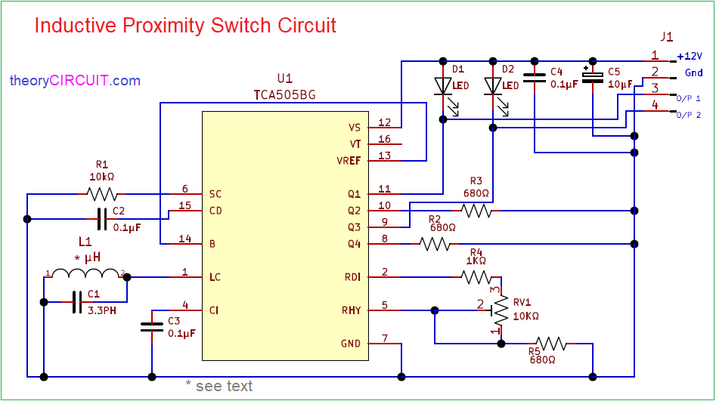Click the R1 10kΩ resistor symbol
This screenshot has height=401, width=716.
click(102, 194)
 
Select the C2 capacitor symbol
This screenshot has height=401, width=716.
click(102, 220)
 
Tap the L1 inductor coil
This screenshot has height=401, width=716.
click(85, 273)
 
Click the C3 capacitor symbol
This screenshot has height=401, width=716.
click(152, 327)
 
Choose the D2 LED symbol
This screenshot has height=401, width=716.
click(492, 85)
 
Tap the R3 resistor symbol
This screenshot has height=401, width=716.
click(477, 211)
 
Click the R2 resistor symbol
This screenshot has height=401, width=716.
click(435, 244)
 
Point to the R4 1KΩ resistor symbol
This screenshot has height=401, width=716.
click(476, 277)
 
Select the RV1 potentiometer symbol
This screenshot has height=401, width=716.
click(500, 305)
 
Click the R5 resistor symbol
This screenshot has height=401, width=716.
click(551, 344)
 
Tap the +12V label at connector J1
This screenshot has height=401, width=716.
click(690, 56)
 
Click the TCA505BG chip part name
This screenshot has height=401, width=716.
click(284, 95)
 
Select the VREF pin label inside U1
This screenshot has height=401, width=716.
click(349, 161)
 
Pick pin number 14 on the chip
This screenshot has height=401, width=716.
click(185, 239)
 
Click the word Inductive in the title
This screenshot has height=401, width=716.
click(73, 26)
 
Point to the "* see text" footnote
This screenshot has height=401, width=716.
click(219, 386)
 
